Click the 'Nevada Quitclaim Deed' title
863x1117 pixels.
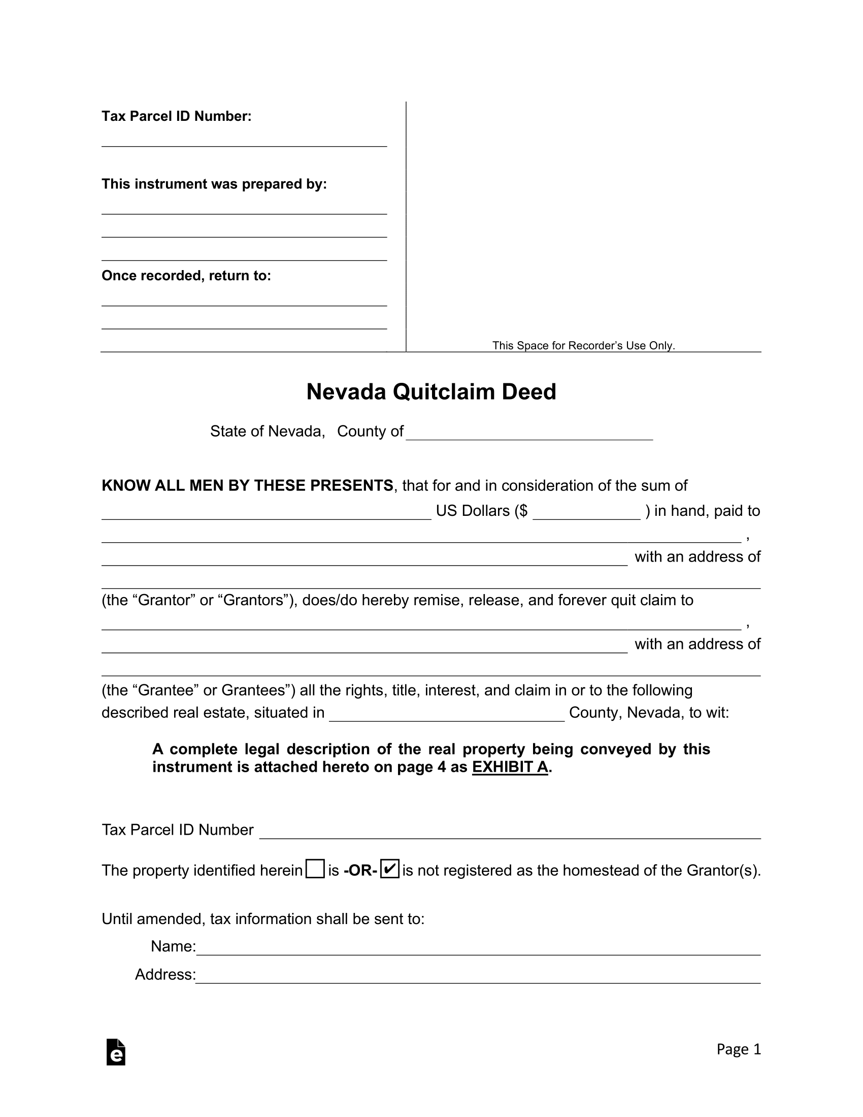point(431,392)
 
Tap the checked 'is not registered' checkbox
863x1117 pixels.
point(389,869)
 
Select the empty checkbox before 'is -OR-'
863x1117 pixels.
point(315,869)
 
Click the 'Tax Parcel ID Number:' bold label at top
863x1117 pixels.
point(176,117)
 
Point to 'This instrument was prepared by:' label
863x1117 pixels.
point(214,184)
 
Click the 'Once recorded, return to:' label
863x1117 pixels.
point(186,276)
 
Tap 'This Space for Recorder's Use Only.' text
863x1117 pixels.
point(583,346)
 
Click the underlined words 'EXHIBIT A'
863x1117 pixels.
point(510,767)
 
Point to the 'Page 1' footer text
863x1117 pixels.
point(738,1049)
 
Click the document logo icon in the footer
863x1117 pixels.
point(116,1052)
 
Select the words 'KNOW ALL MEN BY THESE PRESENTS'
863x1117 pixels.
point(247,485)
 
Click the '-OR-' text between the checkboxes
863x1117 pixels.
point(360,870)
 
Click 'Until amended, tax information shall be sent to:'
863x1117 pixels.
point(263,919)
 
